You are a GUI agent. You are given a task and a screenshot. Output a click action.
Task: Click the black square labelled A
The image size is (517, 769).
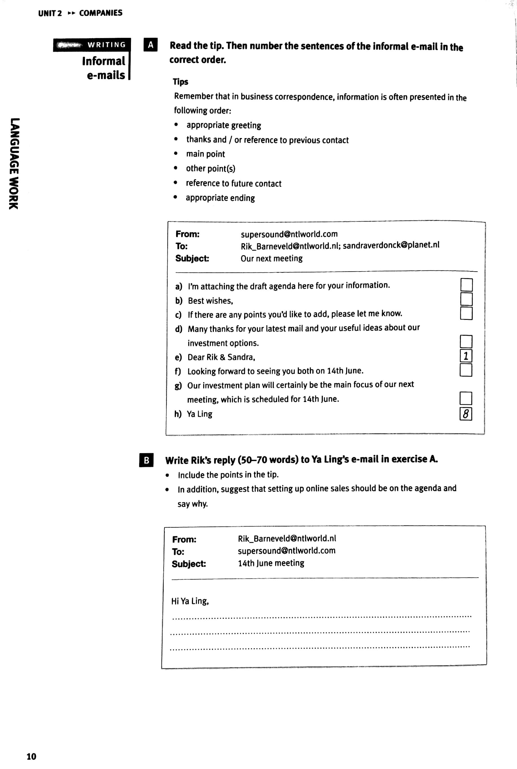click(x=150, y=45)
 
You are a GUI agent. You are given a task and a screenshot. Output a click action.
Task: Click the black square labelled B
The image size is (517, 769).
click(x=146, y=460)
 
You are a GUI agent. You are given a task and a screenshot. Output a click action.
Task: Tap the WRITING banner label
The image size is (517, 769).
click(x=106, y=45)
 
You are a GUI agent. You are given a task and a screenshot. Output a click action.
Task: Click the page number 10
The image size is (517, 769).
click(x=31, y=756)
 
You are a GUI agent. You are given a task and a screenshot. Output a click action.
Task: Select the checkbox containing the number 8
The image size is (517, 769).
click(x=466, y=414)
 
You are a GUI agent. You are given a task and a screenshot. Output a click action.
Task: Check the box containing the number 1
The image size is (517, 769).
click(x=466, y=356)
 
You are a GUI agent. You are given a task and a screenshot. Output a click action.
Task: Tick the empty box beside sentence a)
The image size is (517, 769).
click(x=466, y=285)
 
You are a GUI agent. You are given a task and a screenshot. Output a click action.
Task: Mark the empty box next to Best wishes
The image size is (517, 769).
click(x=466, y=299)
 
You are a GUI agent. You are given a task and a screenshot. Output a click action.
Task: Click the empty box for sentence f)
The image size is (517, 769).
click(x=466, y=370)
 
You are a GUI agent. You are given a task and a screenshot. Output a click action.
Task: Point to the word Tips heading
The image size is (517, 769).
click(x=180, y=82)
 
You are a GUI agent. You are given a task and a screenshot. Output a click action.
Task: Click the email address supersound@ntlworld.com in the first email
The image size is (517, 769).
click(x=289, y=234)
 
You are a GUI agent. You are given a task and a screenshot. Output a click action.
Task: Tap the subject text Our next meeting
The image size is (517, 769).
click(x=271, y=258)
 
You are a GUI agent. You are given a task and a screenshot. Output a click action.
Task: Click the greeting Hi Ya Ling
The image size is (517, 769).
click(x=190, y=601)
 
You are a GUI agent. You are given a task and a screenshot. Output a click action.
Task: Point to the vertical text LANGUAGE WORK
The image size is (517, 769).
click(x=14, y=163)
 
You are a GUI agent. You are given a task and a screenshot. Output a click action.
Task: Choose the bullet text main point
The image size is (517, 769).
click(x=205, y=154)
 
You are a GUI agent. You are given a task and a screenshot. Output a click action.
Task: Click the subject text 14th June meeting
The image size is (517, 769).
click(x=271, y=563)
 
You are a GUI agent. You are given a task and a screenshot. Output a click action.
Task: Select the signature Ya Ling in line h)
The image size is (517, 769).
click(x=200, y=414)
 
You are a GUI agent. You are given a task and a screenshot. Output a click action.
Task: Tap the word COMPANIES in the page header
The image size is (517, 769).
click(x=100, y=13)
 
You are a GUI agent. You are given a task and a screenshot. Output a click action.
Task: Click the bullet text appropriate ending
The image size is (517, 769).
click(x=220, y=198)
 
